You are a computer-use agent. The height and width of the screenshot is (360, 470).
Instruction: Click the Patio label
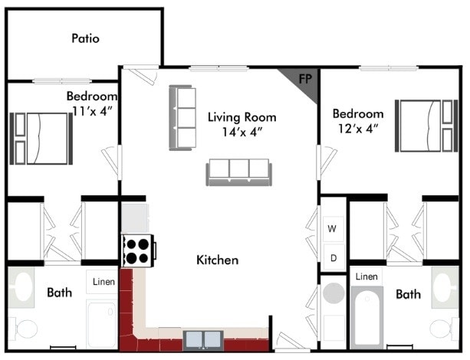[85, 38]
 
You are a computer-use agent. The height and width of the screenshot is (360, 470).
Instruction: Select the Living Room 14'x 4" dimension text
[242, 132]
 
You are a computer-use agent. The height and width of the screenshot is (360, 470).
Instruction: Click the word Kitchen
[218, 260]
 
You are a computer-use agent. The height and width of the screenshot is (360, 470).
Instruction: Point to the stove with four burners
[138, 250]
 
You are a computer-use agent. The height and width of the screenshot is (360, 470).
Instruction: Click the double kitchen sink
[203, 341]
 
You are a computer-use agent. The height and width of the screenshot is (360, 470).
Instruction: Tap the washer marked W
[332, 229]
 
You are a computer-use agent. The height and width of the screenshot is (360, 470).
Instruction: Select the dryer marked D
[334, 258]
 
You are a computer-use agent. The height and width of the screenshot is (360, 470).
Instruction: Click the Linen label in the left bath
[104, 282]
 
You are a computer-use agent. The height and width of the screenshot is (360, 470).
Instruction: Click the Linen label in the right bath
[366, 277]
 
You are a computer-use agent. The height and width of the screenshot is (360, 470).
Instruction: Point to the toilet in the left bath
[23, 329]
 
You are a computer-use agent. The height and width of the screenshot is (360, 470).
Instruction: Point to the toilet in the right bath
[444, 329]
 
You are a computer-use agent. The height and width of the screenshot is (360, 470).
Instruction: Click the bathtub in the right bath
[367, 317]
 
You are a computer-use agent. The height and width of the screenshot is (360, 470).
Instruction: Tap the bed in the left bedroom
[41, 139]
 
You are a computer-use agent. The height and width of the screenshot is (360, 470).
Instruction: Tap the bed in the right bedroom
[426, 126]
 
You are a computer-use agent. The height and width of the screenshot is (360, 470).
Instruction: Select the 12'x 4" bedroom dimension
[358, 129]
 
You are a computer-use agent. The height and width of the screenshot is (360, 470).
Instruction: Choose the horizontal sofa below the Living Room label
[239, 172]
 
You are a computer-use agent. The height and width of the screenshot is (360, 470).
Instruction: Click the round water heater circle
[334, 293]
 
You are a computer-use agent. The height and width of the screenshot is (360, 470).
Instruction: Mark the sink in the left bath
[21, 288]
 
